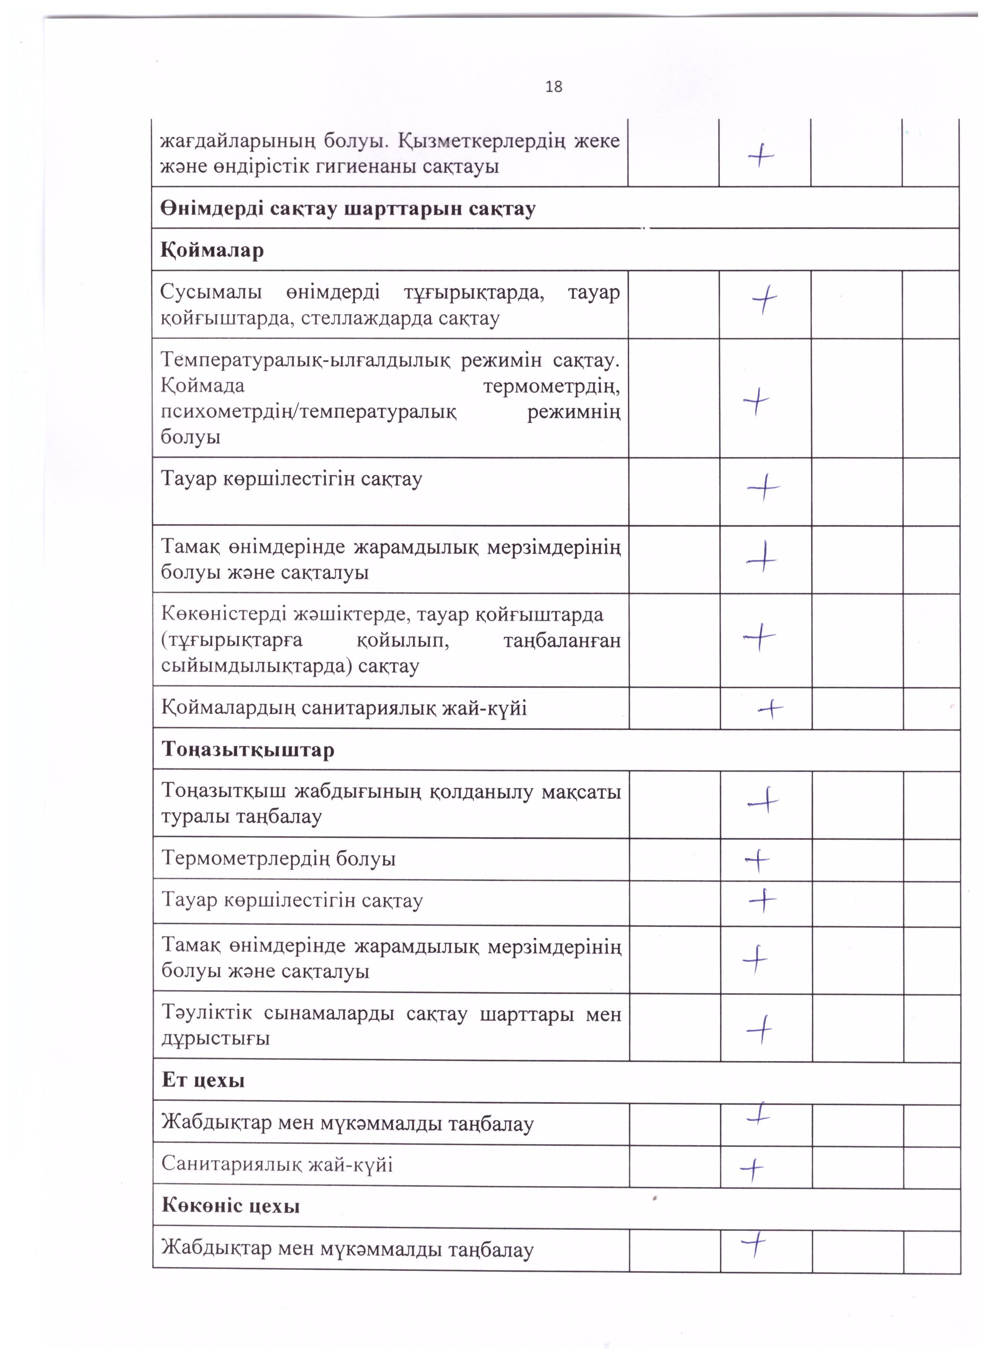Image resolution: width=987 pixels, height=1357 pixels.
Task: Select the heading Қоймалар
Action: (x=212, y=250)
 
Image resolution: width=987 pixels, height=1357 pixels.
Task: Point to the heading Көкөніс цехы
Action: (x=231, y=1205)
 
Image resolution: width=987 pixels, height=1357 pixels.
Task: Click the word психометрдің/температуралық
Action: (x=308, y=412)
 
